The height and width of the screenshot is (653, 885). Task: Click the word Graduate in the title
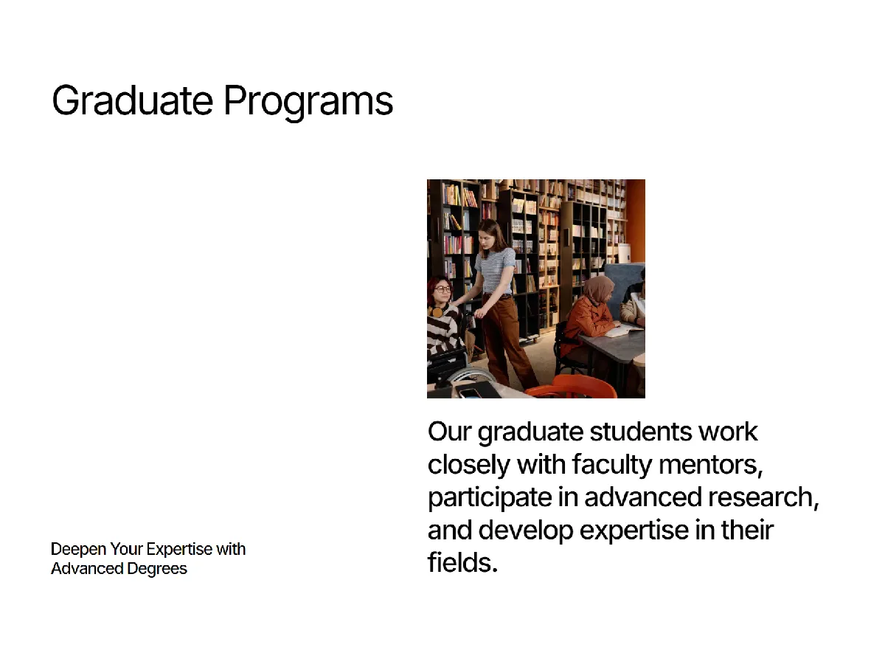pyautogui.click(x=132, y=100)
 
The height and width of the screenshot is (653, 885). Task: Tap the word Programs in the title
pyautogui.click(x=308, y=103)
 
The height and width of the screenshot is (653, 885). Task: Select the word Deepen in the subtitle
pyautogui.click(x=78, y=550)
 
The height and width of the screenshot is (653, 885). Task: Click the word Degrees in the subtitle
pyautogui.click(x=157, y=569)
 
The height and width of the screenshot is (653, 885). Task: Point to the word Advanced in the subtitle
pyautogui.click(x=87, y=568)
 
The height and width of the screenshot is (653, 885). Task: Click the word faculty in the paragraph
pyautogui.click(x=612, y=466)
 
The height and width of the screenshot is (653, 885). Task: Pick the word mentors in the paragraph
pyautogui.click(x=710, y=466)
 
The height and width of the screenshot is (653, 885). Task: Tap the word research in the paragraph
pyautogui.click(x=763, y=497)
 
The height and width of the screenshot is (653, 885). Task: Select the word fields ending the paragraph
pyautogui.click(x=462, y=562)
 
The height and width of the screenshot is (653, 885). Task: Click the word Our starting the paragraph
pyautogui.click(x=450, y=432)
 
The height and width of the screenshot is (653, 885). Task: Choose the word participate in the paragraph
pyautogui.click(x=490, y=499)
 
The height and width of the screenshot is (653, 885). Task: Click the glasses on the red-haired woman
pyautogui.click(x=442, y=289)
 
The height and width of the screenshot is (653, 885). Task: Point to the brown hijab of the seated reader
pyautogui.click(x=598, y=290)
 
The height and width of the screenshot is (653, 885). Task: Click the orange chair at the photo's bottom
pyautogui.click(x=573, y=387)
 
